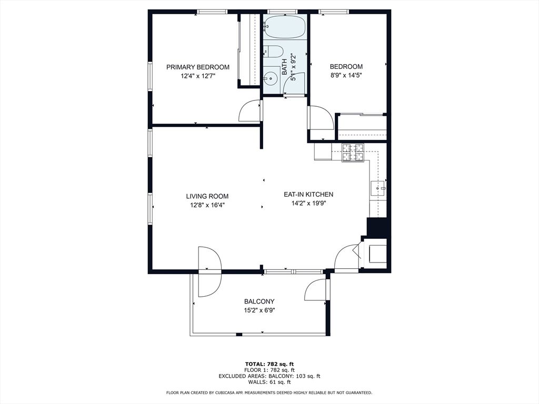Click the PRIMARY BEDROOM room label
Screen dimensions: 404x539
pos(198,67)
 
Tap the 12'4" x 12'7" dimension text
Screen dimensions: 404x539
pos(198,76)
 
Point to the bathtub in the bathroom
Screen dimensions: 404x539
pos(284,27)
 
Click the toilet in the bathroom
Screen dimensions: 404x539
pos(273,52)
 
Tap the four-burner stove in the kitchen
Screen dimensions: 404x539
pos(353,153)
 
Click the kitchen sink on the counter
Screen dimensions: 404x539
pos(378,187)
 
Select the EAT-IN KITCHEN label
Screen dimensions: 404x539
pos(308,195)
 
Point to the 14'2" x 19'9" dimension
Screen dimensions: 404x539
pos(308,204)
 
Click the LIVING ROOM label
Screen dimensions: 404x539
pos(211,196)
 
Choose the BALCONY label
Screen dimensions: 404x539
pos(259,301)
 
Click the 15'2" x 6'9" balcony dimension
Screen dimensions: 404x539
pos(259,310)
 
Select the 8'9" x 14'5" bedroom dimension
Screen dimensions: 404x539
pos(346,75)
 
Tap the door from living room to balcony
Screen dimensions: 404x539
pos(209,271)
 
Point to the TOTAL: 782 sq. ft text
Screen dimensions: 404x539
pos(269,364)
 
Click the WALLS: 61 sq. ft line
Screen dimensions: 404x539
pos(269,382)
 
